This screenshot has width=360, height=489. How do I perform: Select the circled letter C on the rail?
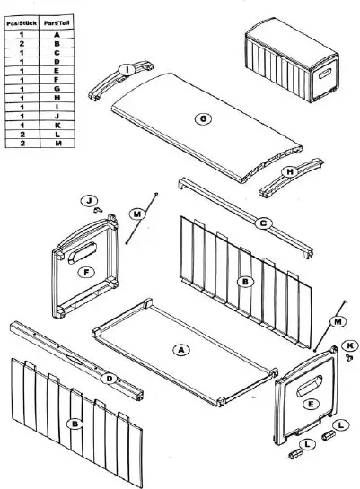(x=263, y=222)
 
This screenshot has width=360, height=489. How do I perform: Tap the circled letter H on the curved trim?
(x=290, y=171)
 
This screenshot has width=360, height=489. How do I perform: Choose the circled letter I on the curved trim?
(x=127, y=70)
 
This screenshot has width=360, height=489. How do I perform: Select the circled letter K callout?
(x=351, y=344)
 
